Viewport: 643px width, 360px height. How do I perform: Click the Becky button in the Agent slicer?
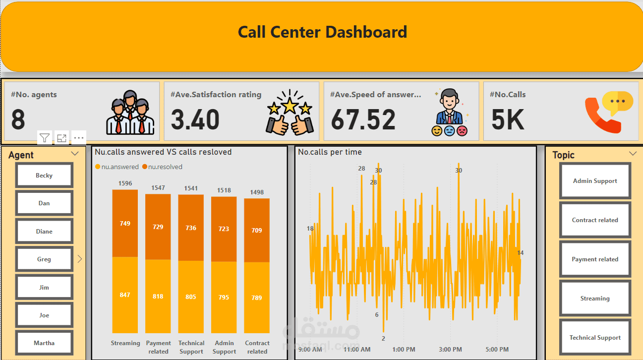(x=44, y=176)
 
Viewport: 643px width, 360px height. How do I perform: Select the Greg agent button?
(x=44, y=259)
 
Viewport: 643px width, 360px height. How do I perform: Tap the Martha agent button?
(x=44, y=343)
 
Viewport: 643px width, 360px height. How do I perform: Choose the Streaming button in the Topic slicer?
(x=595, y=299)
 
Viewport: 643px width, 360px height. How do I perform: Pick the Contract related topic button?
(x=595, y=220)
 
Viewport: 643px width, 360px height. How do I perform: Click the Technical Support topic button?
(x=595, y=338)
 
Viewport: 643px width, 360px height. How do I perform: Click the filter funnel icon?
(x=45, y=138)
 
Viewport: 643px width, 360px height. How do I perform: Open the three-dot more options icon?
(x=78, y=138)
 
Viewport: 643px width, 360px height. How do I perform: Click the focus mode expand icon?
(x=61, y=138)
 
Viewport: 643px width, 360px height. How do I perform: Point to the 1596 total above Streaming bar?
(x=125, y=183)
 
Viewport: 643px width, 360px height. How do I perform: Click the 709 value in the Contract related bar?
(x=257, y=230)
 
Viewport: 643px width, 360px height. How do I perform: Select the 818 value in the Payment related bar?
(x=158, y=297)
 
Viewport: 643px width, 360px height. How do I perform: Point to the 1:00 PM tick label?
(x=404, y=349)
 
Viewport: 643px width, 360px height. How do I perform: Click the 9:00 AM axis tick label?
(x=310, y=349)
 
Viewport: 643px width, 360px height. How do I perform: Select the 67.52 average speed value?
(x=363, y=120)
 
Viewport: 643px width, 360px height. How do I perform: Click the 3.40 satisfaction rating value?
(x=195, y=120)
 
